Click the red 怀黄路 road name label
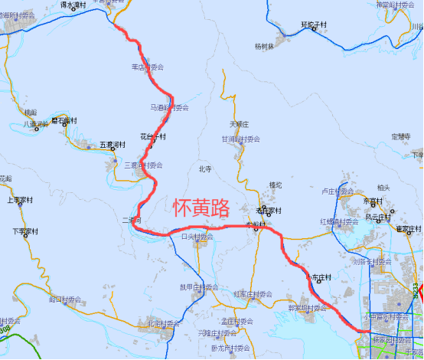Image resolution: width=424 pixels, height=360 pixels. [201, 207]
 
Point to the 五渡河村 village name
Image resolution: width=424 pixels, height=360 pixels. [112, 144]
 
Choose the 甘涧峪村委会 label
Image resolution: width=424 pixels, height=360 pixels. [241, 139]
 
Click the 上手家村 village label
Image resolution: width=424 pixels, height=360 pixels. [22, 201]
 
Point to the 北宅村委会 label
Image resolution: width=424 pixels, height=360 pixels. [162, 324]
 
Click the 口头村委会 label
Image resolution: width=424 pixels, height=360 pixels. [197, 237]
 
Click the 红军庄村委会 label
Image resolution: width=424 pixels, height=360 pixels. [252, 294]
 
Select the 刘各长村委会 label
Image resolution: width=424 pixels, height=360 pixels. [370, 261]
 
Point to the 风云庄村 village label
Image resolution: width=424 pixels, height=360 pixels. [380, 218]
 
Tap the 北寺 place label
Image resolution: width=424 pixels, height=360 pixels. [204, 169]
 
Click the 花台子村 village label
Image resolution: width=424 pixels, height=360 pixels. [153, 136]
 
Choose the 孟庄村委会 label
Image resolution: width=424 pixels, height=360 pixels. [236, 322]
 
